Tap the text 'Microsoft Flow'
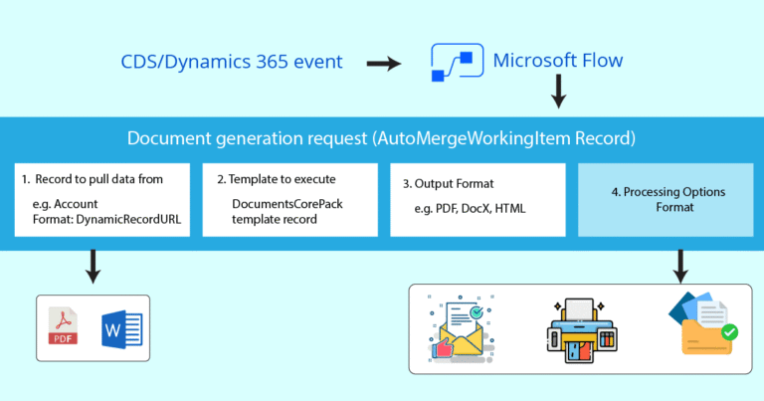(x=558, y=62)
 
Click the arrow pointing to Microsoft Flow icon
(x=383, y=64)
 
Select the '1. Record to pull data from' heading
(x=92, y=180)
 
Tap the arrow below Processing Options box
(x=680, y=265)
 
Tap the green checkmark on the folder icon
(x=729, y=331)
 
